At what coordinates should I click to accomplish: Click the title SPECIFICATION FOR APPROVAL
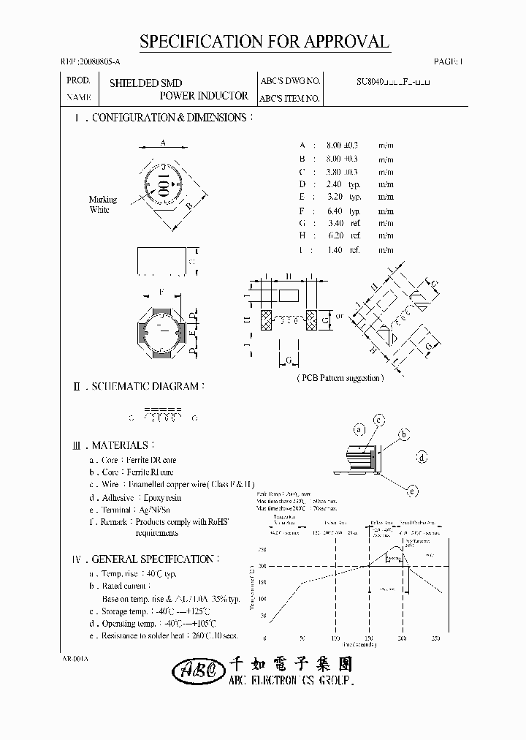pyautogui.click(x=264, y=42)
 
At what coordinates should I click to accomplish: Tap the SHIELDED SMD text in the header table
pyautogui.click(x=145, y=83)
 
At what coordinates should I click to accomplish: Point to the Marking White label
pyautogui.click(x=99, y=205)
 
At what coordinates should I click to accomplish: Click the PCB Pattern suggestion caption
pyautogui.click(x=340, y=378)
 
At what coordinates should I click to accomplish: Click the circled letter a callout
pyautogui.click(x=359, y=429)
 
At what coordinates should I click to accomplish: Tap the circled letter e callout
pyautogui.click(x=412, y=491)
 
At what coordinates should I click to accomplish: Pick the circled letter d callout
pyautogui.click(x=422, y=458)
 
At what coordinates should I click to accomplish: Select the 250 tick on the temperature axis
pyautogui.click(x=262, y=549)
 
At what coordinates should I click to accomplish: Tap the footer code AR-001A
pyautogui.click(x=75, y=658)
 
